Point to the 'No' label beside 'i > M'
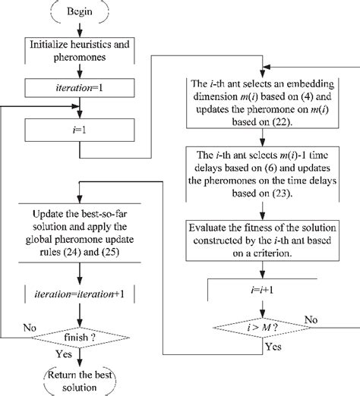point(311,319)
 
